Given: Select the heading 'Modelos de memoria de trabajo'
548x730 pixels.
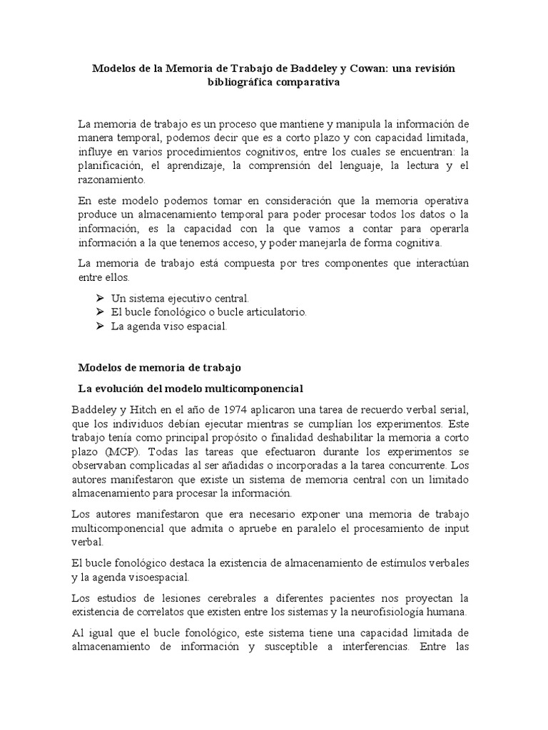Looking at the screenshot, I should click(x=160, y=368).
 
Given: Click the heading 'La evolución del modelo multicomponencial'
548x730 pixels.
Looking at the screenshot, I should click(x=190, y=389).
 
